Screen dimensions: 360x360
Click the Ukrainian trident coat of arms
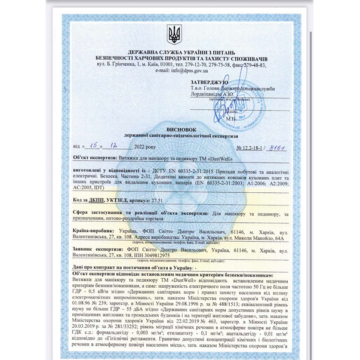point(174,35)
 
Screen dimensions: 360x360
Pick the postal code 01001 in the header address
point(167,64)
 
